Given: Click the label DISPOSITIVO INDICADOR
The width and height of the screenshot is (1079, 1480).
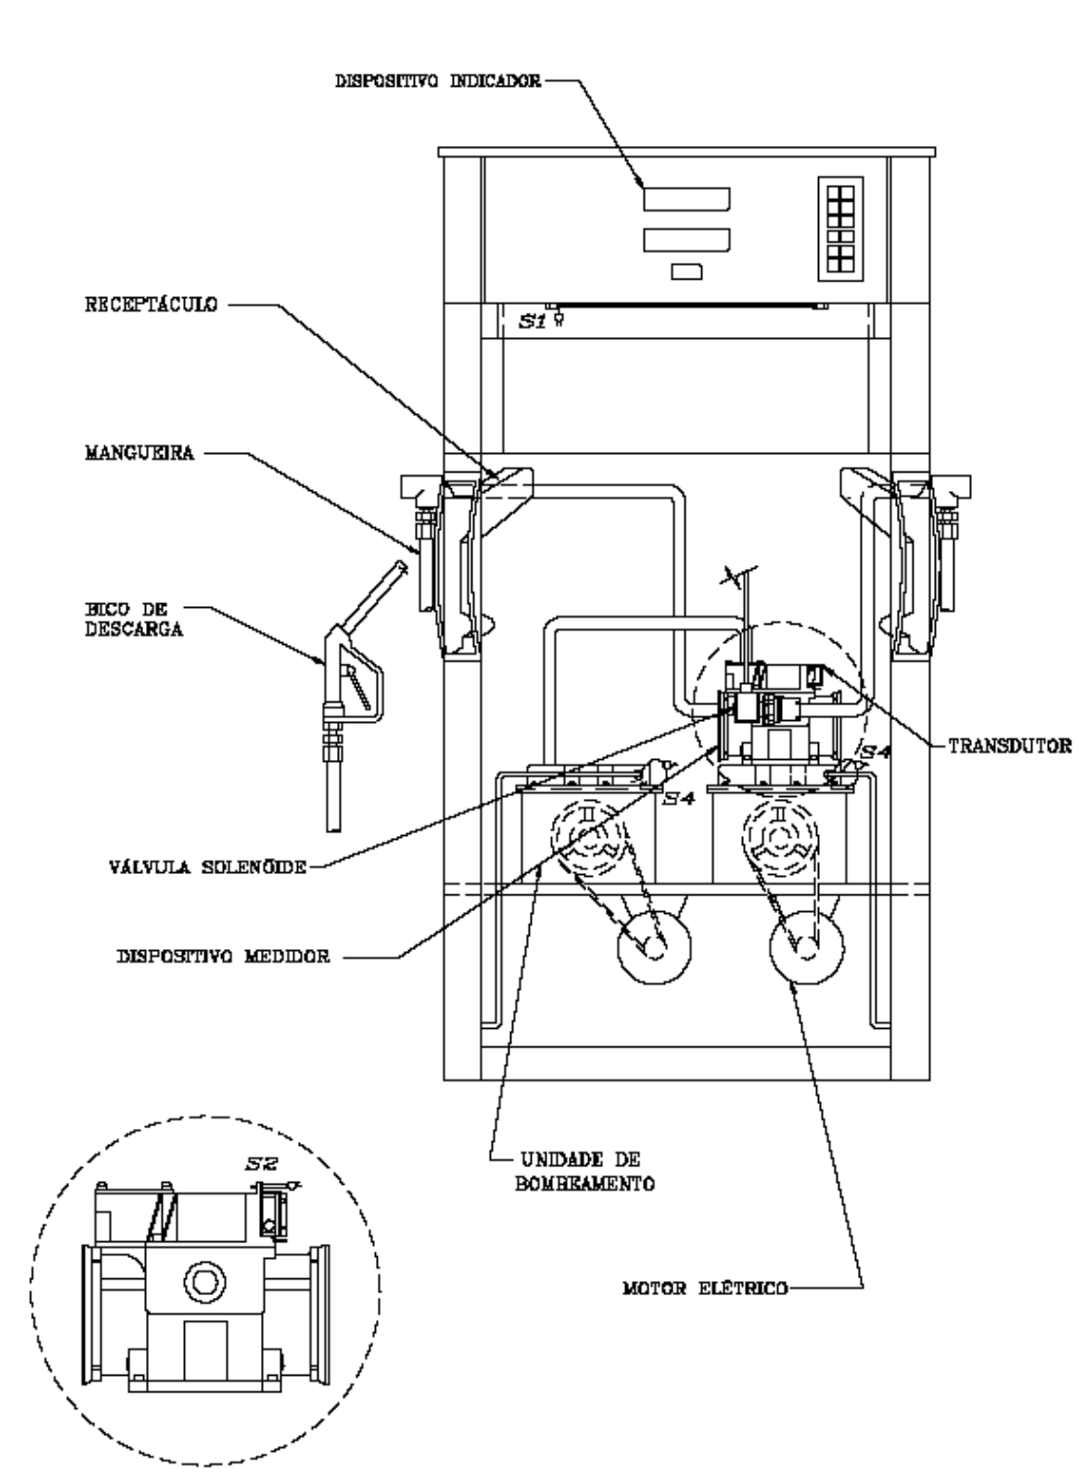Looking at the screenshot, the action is (438, 81).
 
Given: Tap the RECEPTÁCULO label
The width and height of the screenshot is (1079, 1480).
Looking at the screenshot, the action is (151, 305).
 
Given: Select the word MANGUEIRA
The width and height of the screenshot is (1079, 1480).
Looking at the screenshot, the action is (140, 453).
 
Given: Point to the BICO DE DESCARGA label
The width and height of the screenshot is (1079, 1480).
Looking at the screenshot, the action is (134, 619).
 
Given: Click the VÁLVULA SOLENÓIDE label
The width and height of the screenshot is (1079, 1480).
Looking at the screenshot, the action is (208, 866).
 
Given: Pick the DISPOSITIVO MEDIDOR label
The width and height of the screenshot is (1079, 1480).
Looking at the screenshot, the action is (224, 956).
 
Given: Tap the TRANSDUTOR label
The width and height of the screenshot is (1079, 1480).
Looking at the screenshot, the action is (1010, 746).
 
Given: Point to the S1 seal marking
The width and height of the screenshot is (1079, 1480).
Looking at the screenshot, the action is (533, 322).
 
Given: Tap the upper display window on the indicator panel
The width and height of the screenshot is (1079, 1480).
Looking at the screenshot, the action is (687, 199).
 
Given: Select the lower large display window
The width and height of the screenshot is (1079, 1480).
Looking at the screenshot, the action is (687, 240).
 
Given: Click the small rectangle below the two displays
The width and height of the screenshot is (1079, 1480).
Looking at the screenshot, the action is (687, 272).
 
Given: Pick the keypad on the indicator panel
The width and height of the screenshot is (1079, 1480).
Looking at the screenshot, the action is (840, 229).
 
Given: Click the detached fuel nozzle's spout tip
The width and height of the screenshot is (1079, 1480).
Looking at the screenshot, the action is (334, 829).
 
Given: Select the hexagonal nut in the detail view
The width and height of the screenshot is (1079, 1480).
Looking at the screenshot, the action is (205, 1282).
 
